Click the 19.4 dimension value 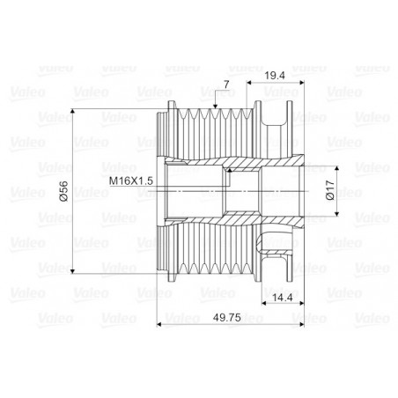[275, 76]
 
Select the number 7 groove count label [226, 85]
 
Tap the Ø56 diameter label [63, 191]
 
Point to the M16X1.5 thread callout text [131, 181]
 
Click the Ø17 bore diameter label [330, 190]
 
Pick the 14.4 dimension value [283, 298]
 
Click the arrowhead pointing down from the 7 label [215, 107]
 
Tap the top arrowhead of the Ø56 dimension [72, 112]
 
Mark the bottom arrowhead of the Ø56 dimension [72, 270]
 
